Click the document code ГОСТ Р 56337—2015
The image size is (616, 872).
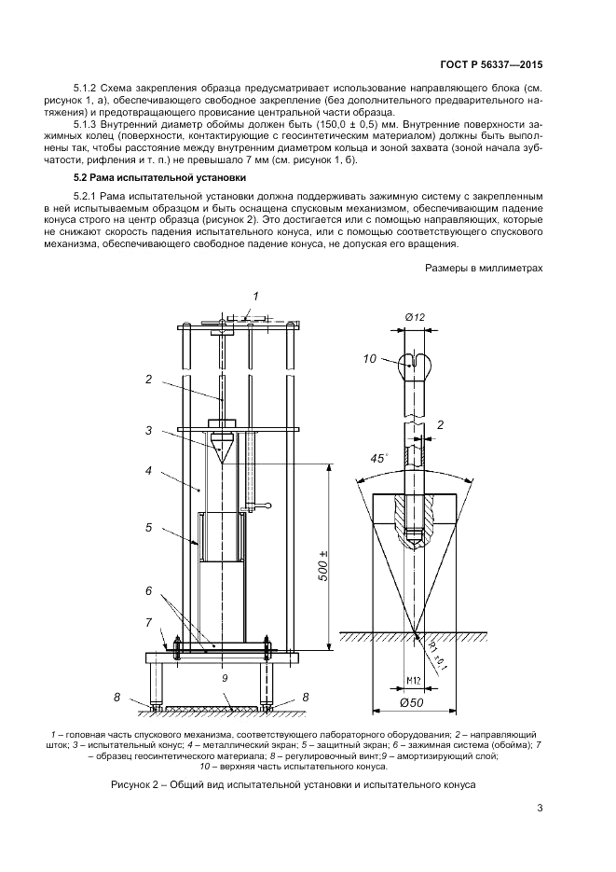490,66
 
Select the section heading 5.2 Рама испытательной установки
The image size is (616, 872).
145,177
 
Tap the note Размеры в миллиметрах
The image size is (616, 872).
484,267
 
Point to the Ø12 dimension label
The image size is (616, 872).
415,318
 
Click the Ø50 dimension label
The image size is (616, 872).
414,701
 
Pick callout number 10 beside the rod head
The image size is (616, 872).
369,358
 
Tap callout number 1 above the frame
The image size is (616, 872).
253,297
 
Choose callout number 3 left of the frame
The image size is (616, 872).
148,430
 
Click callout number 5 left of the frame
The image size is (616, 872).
148,527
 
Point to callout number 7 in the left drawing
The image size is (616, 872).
148,621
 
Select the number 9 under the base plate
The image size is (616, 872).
225,679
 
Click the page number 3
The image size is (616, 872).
540,808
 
